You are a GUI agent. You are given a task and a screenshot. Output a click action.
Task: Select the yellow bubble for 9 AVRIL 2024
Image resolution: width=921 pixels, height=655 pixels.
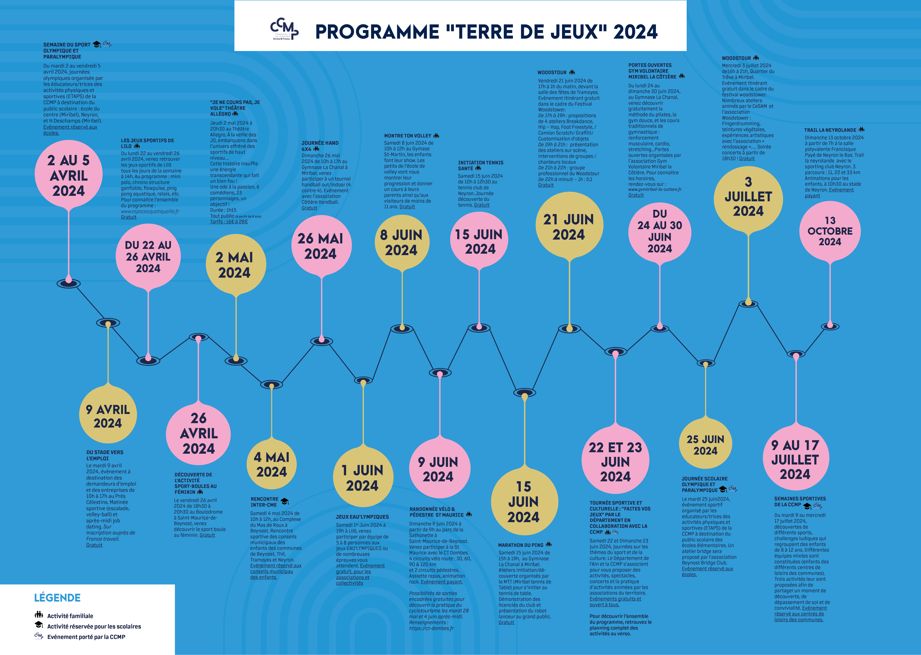coord(108,415)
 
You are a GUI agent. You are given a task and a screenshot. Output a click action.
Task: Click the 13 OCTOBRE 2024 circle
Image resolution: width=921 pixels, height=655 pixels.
coord(830,231)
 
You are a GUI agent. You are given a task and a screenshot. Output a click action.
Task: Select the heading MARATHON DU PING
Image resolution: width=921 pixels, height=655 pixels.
coord(520,545)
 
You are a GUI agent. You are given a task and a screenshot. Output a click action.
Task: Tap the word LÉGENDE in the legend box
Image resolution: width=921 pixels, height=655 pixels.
coord(57,598)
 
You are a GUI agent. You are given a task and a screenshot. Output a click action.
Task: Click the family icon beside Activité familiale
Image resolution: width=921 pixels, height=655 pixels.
coord(39,615)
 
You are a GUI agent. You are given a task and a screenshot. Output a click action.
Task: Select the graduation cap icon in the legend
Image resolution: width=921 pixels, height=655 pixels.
coord(39,625)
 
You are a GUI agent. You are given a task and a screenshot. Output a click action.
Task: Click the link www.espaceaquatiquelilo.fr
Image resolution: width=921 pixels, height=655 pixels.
coord(150,211)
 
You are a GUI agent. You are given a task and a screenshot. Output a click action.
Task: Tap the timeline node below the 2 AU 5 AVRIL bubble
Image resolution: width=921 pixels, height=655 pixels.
coord(69,283)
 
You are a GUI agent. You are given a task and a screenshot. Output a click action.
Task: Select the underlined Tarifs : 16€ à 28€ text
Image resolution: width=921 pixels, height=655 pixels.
coord(229,222)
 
